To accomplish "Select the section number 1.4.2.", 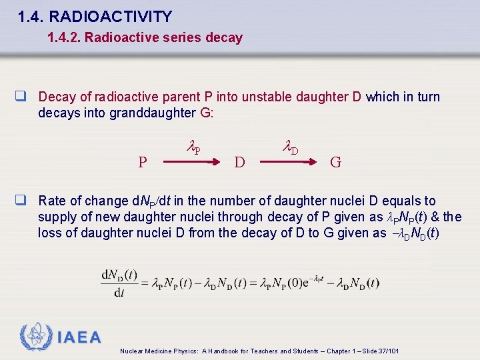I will [65, 38].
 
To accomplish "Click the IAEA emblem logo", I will [35, 337].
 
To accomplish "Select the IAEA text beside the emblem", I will [79, 338].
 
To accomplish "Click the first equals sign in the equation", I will [145, 283].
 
